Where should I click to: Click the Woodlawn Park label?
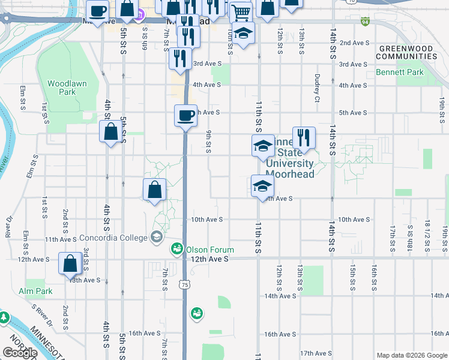point(61,88)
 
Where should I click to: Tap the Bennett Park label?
point(400,73)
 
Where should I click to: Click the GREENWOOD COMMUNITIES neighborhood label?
point(406,52)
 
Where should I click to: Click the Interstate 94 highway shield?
point(366,22)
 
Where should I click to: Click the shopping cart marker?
point(240,11)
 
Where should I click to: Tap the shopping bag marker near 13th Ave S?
point(70,263)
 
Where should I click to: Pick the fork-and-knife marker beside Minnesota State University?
point(304,137)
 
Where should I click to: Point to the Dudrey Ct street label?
point(316,88)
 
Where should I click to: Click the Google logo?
point(19,353)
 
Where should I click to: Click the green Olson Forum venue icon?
point(177,248)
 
